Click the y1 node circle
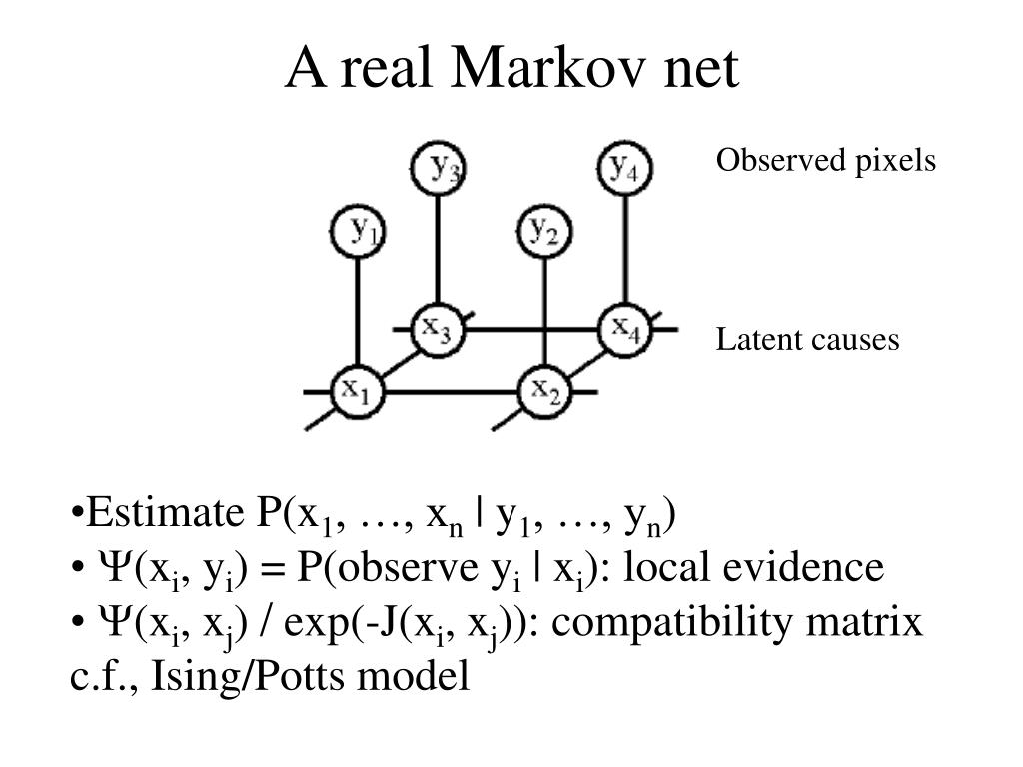click(356, 232)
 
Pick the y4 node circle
click(625, 167)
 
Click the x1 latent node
click(356, 389)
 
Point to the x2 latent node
click(544, 389)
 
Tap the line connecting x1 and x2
click(450, 390)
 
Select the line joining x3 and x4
click(529, 328)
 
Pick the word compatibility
click(658, 623)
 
